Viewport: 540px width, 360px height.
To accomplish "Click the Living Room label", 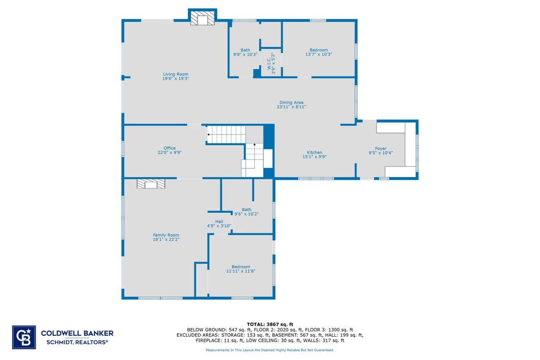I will click(x=176, y=74).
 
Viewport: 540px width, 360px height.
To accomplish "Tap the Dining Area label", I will click(x=291, y=103).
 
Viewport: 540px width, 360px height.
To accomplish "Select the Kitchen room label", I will click(x=314, y=153).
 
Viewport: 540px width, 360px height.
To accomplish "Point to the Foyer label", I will click(x=381, y=149).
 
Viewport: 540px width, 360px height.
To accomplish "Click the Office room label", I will click(x=169, y=148).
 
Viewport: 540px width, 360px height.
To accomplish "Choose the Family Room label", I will click(x=166, y=235).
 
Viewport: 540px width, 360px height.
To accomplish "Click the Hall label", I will click(x=219, y=222).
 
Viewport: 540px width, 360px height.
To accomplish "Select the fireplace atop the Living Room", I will click(x=202, y=19).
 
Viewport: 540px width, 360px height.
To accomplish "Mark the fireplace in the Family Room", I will click(x=151, y=184).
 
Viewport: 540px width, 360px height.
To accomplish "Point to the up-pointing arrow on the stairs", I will click(x=255, y=145).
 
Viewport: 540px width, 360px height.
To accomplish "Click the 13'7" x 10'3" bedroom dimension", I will click(x=319, y=54).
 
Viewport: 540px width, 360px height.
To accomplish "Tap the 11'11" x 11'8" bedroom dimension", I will click(x=241, y=271).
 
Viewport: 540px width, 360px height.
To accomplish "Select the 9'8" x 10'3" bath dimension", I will click(x=245, y=55).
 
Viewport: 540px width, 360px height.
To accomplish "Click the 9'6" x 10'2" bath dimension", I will click(x=247, y=214).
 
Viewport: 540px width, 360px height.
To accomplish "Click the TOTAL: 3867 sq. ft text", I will click(x=270, y=324).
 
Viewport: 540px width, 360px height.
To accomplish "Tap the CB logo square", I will click(x=24, y=336).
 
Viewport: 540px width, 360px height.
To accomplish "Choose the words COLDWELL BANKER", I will click(x=77, y=333).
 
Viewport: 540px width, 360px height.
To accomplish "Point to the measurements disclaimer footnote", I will click(x=270, y=350).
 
